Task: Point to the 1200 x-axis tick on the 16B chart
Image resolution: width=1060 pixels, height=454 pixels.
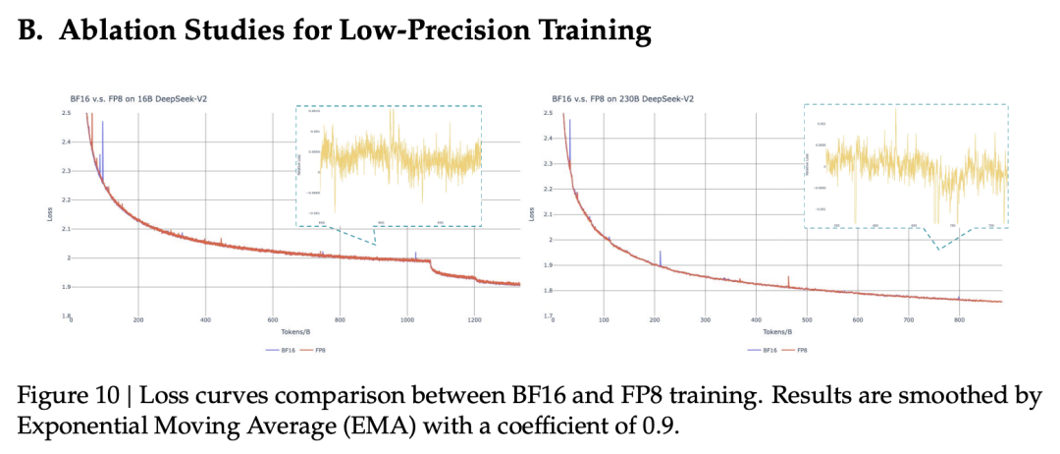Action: (x=474, y=320)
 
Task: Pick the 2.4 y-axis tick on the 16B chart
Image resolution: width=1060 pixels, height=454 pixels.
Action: (x=65, y=142)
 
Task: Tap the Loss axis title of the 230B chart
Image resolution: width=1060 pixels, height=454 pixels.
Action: (x=532, y=213)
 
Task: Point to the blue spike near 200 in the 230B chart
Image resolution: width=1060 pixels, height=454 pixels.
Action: (x=660, y=256)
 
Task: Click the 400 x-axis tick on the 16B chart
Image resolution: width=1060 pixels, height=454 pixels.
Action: (x=205, y=320)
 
